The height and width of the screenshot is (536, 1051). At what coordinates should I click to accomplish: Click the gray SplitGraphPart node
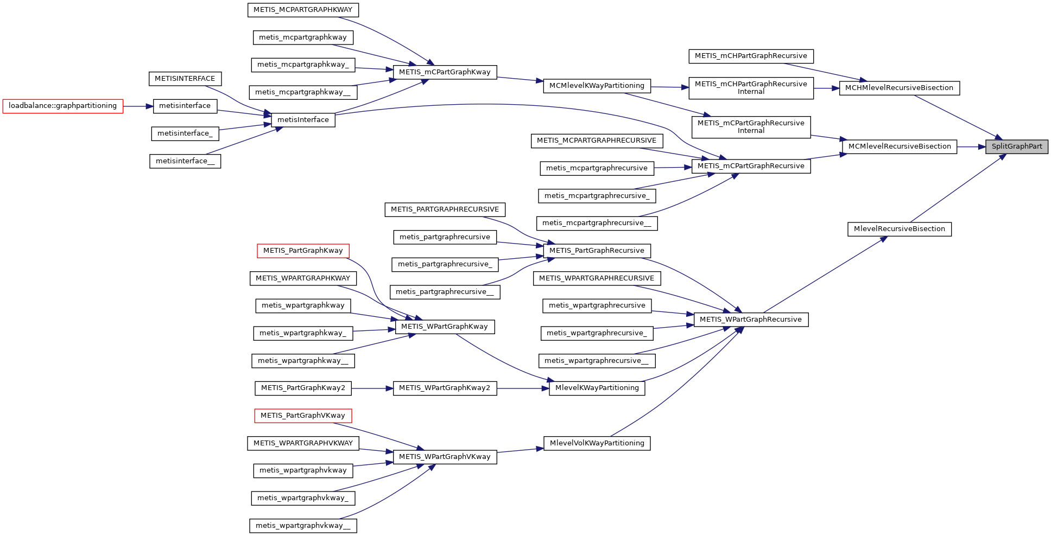tap(1016, 146)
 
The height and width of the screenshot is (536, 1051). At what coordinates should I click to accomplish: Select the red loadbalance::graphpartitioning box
tap(63, 106)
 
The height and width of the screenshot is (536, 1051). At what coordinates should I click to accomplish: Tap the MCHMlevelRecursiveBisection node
tap(899, 88)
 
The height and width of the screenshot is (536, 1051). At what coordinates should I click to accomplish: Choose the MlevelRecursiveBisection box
tap(899, 229)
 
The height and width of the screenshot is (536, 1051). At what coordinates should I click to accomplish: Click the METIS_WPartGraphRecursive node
tap(751, 320)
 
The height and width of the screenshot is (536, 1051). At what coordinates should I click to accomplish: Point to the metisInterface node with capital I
tap(303, 120)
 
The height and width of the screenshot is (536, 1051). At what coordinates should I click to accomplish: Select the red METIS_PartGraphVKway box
tap(303, 416)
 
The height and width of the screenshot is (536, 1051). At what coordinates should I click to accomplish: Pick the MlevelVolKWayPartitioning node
tap(597, 443)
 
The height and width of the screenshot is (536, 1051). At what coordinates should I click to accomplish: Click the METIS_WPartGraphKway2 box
tap(445, 388)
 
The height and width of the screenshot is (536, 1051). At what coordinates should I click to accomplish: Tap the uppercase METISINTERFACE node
tap(185, 79)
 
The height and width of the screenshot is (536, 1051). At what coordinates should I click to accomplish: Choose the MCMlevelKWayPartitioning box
tap(597, 86)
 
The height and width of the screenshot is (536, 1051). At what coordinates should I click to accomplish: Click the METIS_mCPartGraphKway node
tap(445, 72)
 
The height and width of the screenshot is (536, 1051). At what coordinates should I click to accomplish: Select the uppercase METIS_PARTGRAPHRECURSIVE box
tap(445, 209)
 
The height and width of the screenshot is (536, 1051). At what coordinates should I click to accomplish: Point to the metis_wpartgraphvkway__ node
tap(303, 526)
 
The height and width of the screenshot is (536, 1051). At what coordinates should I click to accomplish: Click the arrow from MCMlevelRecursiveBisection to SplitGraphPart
tap(971, 146)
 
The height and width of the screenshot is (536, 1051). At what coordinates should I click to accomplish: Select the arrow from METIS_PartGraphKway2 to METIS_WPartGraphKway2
tap(372, 388)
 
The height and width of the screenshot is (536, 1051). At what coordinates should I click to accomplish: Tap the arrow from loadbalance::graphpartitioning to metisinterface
tap(138, 106)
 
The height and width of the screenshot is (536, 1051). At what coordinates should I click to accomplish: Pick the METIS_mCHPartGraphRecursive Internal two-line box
tap(751, 88)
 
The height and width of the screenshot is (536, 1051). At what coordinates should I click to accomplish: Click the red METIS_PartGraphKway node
tap(303, 251)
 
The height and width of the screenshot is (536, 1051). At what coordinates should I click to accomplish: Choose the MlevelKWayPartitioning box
tap(597, 388)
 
